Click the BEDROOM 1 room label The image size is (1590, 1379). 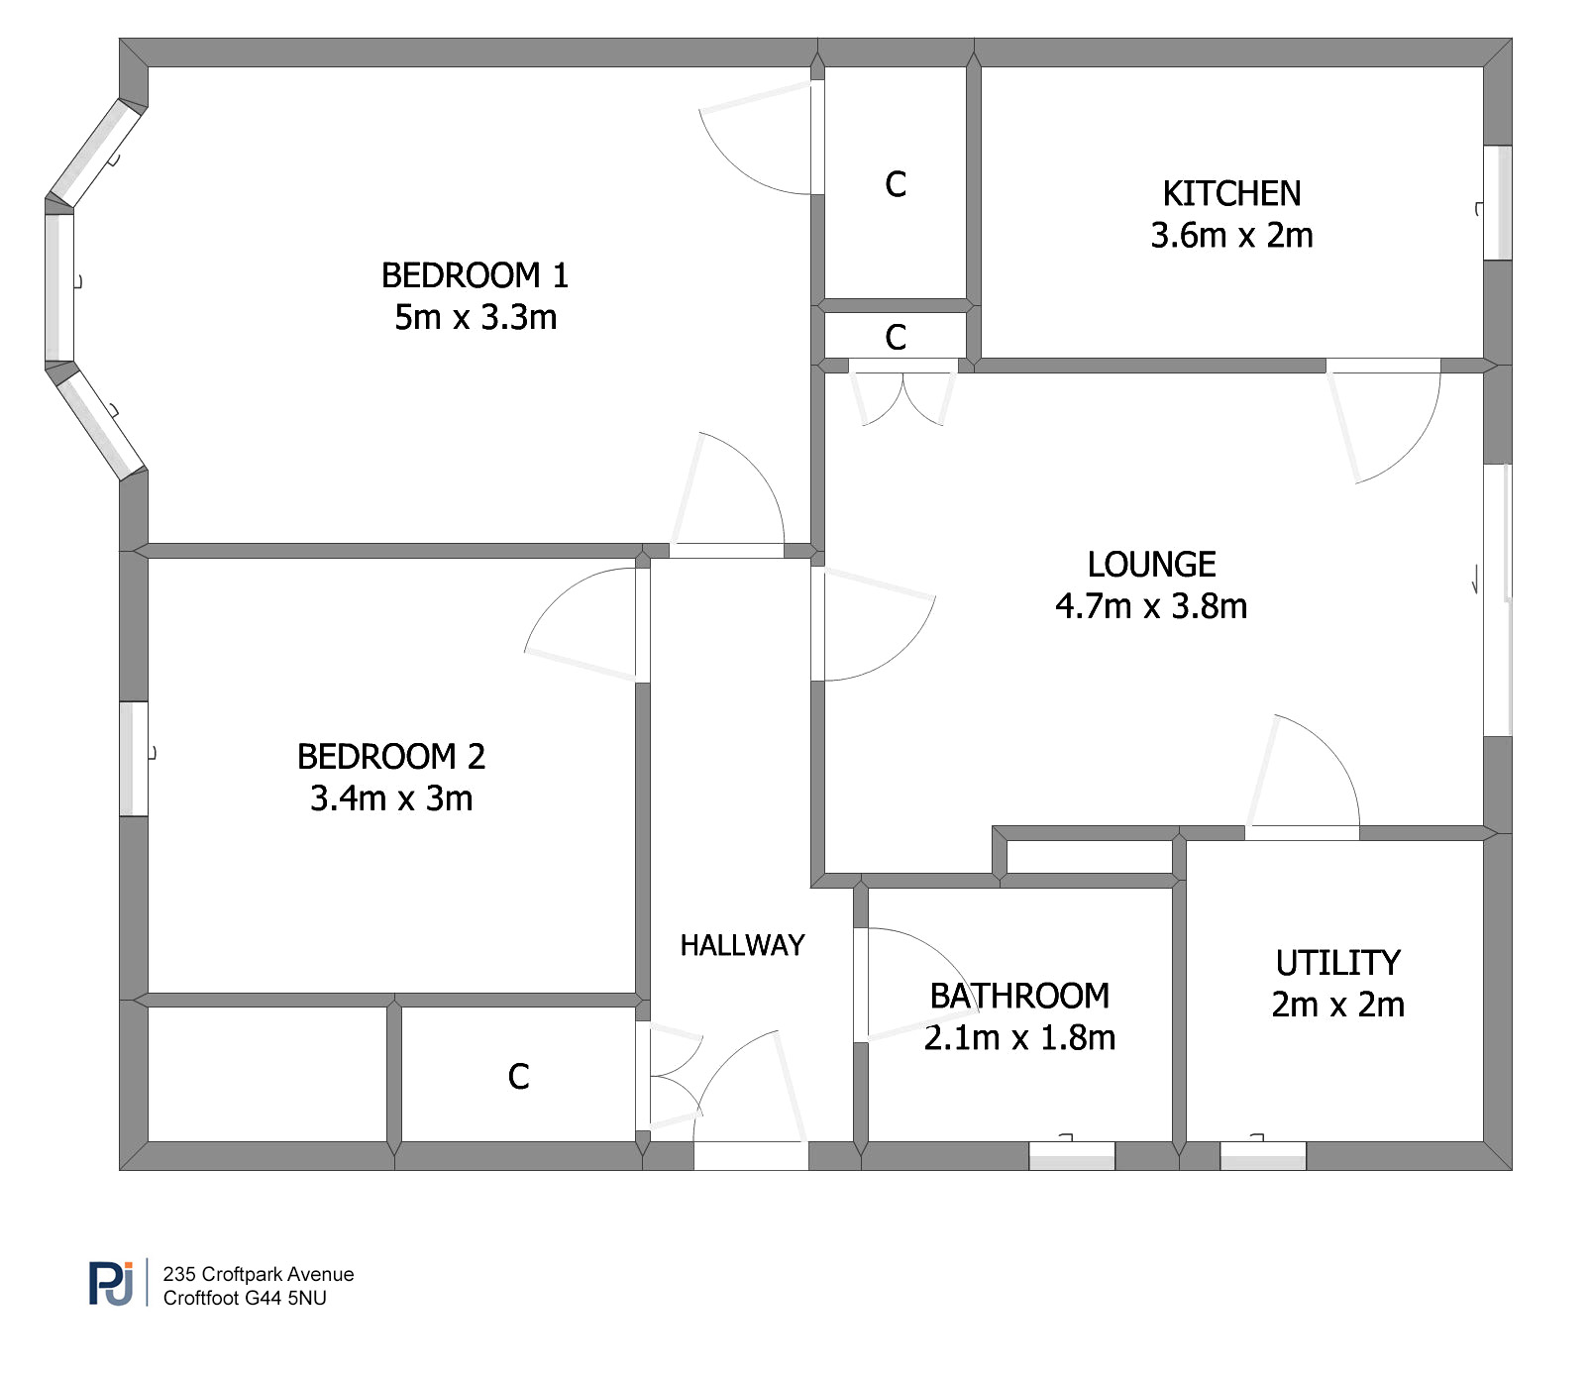476,274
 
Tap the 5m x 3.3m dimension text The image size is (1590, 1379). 476,317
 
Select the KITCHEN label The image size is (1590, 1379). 1231,193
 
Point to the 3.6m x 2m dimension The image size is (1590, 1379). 1231,235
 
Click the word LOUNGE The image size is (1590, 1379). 1151,564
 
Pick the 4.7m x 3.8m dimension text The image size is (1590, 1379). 1151,605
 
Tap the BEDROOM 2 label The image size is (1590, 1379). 391,756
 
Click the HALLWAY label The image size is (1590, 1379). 742,945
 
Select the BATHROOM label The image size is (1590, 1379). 1019,996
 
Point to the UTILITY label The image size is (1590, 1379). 1337,962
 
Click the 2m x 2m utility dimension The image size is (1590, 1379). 1337,1004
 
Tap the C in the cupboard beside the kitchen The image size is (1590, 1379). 896,184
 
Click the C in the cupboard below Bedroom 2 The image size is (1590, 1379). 518,1076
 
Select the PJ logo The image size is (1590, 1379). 111,1283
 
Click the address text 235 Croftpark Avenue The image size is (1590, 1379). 259,1274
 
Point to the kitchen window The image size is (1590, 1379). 1498,203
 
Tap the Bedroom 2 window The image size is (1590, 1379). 134,759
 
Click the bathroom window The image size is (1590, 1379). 1072,1155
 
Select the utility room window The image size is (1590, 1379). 1263,1155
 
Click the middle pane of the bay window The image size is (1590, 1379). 59,287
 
